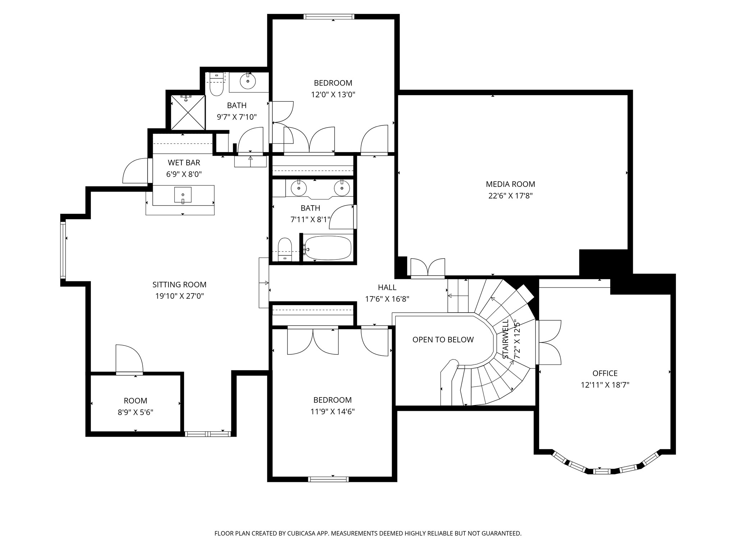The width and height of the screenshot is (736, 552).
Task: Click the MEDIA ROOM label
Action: [x=510, y=184]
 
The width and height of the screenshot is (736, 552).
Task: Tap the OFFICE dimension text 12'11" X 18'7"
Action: [x=605, y=385]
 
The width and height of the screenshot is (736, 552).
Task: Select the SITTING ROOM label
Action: [x=179, y=285]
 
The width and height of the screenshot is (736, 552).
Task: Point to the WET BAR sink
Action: [x=183, y=195]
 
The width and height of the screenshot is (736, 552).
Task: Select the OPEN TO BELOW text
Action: [x=443, y=340]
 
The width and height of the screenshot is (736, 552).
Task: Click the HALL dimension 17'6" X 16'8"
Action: [x=387, y=299]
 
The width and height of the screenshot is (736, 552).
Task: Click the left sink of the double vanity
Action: [x=298, y=187]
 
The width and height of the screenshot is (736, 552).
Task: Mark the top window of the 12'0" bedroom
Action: [x=329, y=17]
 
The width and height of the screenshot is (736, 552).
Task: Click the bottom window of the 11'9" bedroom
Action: [x=328, y=479]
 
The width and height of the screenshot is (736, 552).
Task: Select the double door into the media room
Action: [x=428, y=268]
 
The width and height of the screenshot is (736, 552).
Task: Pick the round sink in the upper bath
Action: [x=248, y=81]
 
